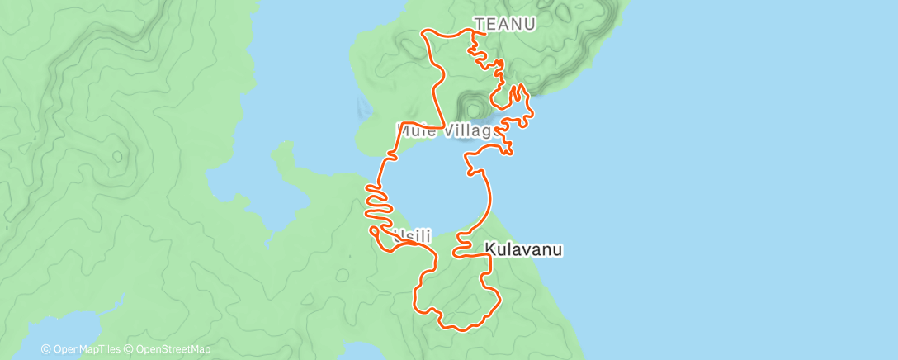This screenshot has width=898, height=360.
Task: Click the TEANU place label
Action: [x=503, y=25]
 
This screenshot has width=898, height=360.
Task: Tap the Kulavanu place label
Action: [x=523, y=249]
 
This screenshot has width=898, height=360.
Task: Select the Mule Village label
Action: [x=447, y=130]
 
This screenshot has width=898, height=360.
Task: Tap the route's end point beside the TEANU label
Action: [x=474, y=31]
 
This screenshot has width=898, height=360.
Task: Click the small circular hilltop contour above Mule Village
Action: [x=474, y=107]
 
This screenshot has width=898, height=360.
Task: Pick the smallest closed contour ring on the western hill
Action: [x=118, y=154]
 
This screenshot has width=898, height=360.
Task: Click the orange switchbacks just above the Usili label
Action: [x=379, y=206]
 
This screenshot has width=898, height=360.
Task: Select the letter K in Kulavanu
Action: [x=489, y=249]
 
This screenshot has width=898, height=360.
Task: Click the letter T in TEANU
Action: [x=479, y=25]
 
